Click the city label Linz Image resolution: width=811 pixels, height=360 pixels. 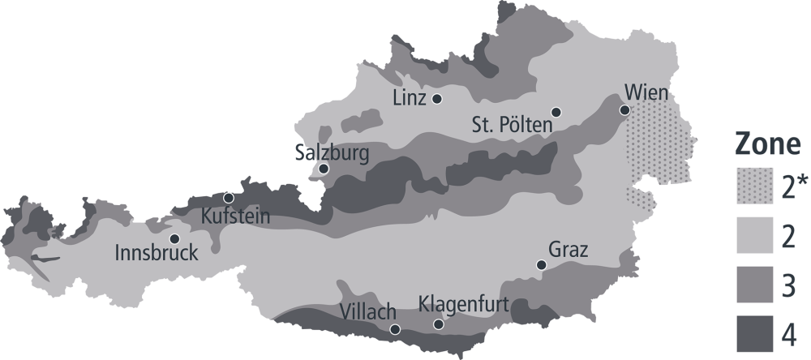[409, 99]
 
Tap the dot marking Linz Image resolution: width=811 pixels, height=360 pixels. [437, 99]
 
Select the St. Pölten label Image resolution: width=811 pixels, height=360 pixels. [512, 126]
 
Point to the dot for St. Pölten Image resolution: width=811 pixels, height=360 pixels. [556, 112]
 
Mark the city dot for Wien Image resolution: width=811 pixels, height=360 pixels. [624, 109]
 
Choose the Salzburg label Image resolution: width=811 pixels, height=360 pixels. [332, 153]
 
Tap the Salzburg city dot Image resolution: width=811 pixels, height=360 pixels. [324, 169]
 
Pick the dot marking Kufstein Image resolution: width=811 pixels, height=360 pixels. [229, 197]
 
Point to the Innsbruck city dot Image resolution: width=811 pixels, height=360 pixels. [174, 238]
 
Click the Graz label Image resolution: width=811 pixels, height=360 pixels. [568, 249]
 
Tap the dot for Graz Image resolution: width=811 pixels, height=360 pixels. [541, 264]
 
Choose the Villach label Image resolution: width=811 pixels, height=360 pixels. [367, 311]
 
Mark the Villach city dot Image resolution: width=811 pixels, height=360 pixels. [395, 328]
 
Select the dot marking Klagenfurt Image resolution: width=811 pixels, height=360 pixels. [439, 324]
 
